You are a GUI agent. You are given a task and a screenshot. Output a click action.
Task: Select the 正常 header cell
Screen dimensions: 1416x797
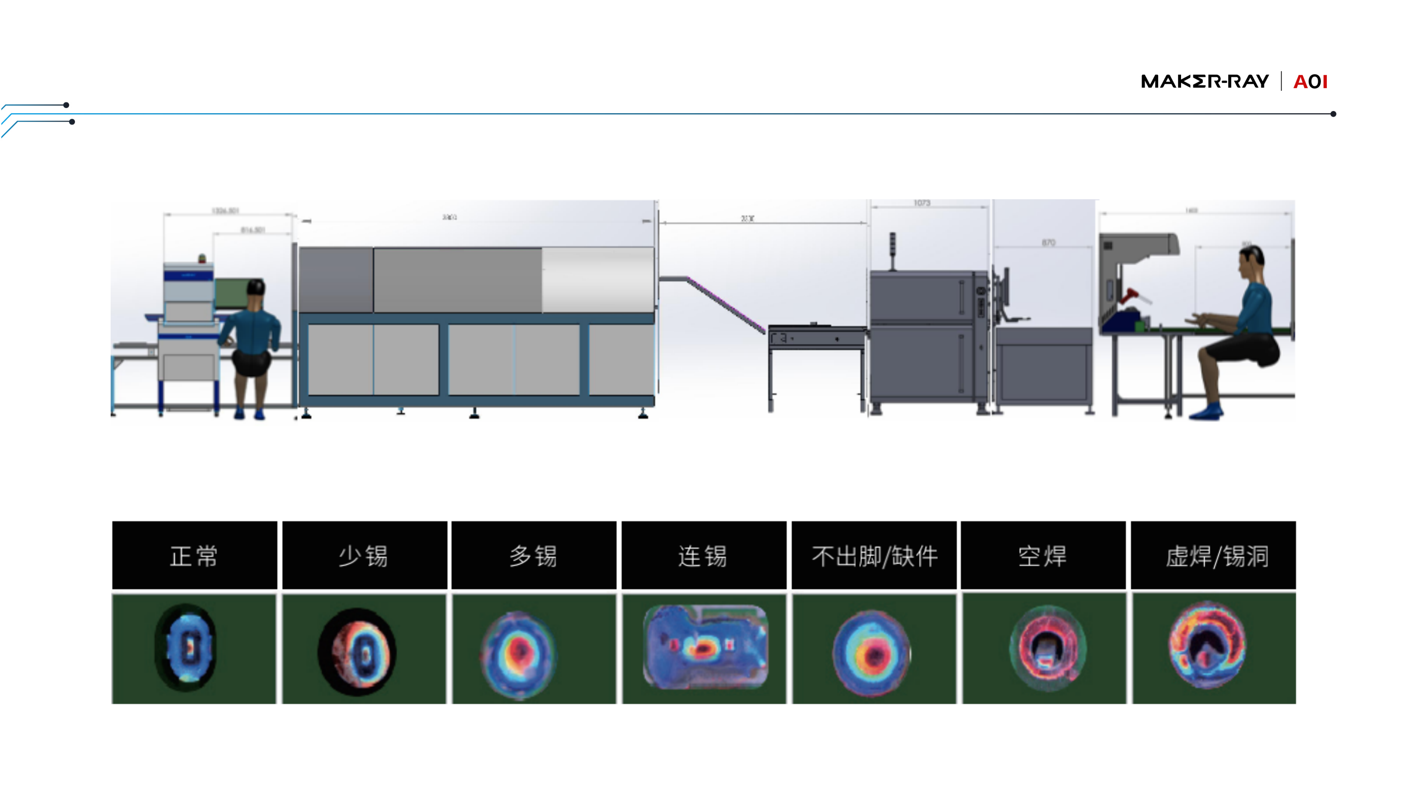(x=194, y=556)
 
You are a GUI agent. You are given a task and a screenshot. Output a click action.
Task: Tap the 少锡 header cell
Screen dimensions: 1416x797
(x=364, y=556)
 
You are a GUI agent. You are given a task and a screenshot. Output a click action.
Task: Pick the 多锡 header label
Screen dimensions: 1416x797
(x=533, y=556)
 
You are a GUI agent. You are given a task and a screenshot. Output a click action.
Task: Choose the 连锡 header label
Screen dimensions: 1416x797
(x=703, y=556)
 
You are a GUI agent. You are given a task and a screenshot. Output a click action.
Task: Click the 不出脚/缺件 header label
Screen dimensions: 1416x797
(x=874, y=556)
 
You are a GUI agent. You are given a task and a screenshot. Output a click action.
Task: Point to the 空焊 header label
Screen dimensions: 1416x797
(x=1043, y=556)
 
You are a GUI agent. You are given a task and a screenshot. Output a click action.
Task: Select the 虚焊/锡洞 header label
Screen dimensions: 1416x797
(x=1217, y=556)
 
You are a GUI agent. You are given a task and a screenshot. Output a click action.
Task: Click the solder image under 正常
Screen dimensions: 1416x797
(x=187, y=648)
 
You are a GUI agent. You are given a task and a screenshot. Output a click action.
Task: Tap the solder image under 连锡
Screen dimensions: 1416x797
(x=705, y=647)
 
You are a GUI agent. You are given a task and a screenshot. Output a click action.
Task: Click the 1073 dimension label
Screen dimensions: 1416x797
(x=922, y=203)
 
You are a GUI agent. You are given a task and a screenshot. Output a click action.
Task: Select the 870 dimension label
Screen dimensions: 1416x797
(x=1048, y=242)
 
